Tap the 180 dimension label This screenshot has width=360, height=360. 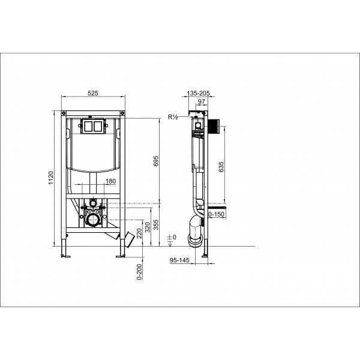coord(111,181)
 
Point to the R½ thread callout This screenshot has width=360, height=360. coord(174,118)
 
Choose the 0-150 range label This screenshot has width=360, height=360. coord(216,214)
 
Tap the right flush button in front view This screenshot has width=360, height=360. coord(97,127)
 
